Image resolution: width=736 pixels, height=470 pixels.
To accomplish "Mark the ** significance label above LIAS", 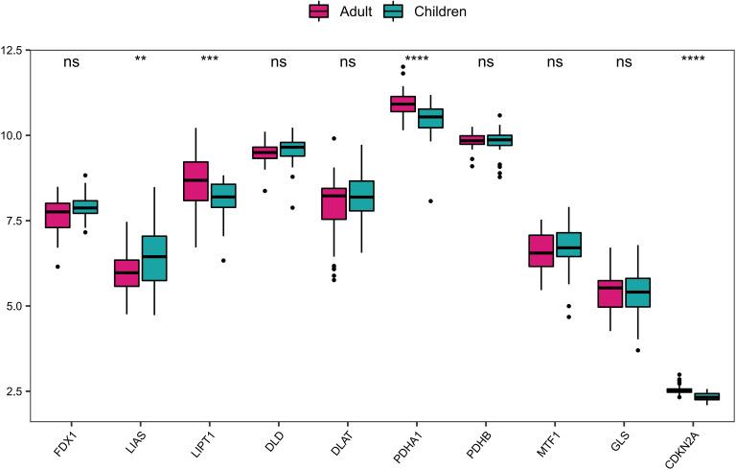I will (141, 60).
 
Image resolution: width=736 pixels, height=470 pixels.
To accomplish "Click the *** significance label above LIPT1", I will (210, 60).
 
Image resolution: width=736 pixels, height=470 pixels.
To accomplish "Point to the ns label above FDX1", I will (72, 62).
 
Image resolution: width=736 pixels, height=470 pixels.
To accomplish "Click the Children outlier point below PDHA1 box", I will (430, 200).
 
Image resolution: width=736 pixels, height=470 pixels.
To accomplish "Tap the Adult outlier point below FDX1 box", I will (57, 266).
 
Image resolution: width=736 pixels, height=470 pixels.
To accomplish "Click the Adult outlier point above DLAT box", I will (333, 138).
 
